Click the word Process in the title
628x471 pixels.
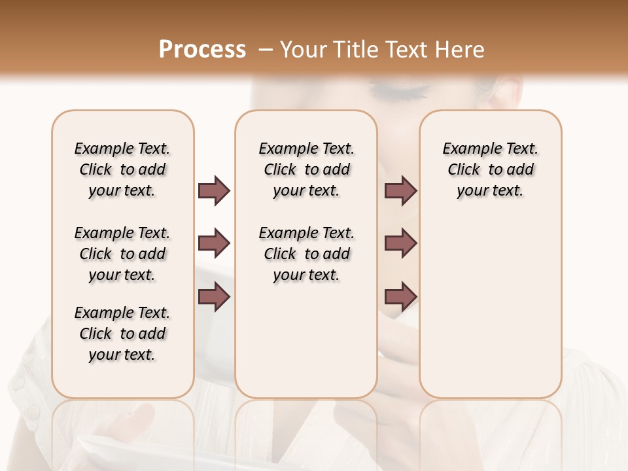coord(202,50)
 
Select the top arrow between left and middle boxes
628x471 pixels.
coord(214,190)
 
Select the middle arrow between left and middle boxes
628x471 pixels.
coord(214,243)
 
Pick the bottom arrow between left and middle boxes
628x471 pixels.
coord(214,296)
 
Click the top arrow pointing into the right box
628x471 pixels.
coord(400,190)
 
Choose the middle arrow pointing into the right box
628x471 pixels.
coord(400,243)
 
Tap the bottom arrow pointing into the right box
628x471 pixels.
coord(400,296)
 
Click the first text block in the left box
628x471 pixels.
coord(122,169)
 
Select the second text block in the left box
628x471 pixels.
coord(122,254)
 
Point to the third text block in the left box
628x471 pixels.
coord(122,334)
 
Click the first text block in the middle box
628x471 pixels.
coord(306,169)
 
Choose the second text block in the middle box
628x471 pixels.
coord(306,254)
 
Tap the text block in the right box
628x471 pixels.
coord(490,169)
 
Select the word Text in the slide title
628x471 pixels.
coord(405,50)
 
